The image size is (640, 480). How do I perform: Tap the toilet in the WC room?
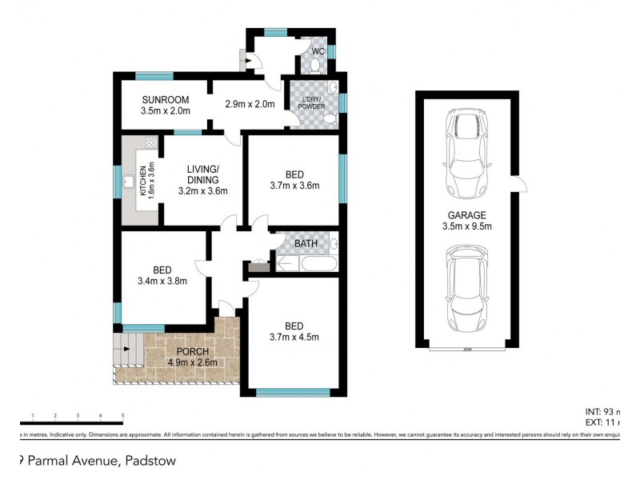point(316,63)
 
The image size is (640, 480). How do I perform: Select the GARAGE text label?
point(467,215)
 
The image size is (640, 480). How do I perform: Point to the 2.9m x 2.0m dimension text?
point(250,104)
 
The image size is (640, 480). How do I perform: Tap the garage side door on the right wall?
point(521,185)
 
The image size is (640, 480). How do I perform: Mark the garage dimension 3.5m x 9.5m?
point(467,227)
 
